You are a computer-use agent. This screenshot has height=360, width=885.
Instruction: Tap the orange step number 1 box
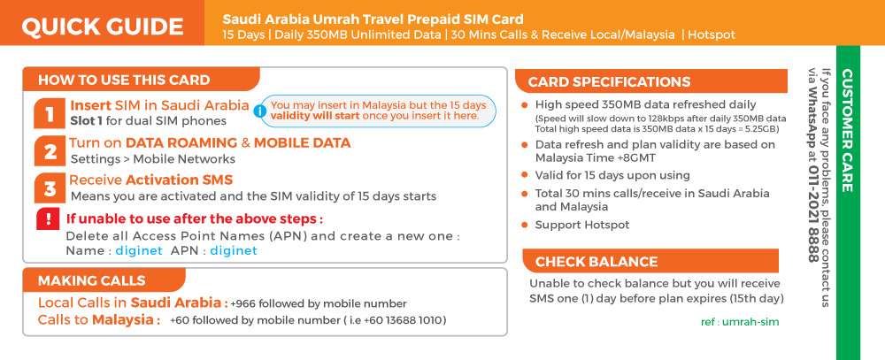tap(49, 114)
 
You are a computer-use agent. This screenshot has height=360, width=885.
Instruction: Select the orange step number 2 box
tap(49, 151)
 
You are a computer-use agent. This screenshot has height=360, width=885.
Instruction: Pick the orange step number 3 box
tap(49, 188)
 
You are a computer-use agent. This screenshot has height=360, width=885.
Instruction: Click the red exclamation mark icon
tap(48, 219)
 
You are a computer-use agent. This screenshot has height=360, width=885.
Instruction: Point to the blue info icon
tap(259, 111)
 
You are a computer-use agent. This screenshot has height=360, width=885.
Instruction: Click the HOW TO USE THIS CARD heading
tap(124, 80)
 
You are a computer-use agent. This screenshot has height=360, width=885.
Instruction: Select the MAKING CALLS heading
tap(91, 280)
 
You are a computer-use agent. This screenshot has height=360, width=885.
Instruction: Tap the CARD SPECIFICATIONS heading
tap(609, 81)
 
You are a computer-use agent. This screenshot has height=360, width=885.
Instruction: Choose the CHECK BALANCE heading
tap(596, 262)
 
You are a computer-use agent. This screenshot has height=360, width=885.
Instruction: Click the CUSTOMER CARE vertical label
tap(847, 130)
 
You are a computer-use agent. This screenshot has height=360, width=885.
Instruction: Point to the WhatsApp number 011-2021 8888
tap(812, 214)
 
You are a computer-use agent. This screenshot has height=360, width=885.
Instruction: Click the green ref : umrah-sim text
tap(739, 322)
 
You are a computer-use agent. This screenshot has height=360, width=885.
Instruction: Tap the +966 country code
tap(242, 303)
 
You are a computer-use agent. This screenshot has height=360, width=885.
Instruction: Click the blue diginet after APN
tap(234, 250)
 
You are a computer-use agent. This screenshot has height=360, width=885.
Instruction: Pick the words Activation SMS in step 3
tap(179, 180)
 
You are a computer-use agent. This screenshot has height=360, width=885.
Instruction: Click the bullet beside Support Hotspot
tap(524, 226)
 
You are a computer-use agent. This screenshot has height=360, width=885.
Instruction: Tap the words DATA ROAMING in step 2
tap(181, 142)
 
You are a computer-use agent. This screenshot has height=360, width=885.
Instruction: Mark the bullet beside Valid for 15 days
tap(524, 175)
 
